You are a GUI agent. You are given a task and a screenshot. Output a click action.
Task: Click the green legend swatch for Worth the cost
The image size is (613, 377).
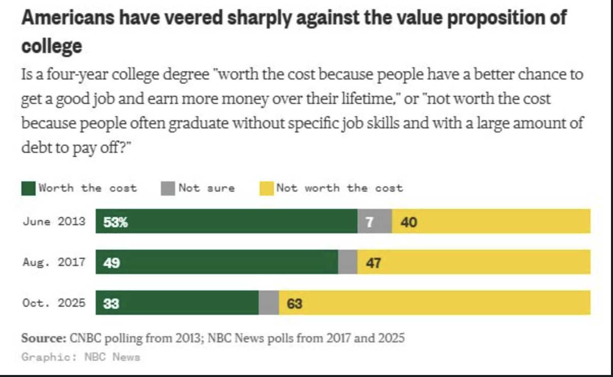pos(29,188)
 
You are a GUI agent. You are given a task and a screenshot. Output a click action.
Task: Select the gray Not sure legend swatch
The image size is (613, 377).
pos(168,188)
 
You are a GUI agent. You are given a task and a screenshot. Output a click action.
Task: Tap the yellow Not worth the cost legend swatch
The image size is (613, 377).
pos(267,188)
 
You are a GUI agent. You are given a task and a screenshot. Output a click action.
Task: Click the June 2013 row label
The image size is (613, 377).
pos(54,221)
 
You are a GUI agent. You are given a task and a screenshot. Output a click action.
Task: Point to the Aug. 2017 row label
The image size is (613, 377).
pos(54,262)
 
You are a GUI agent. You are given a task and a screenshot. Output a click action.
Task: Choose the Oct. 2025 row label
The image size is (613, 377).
pos(54,303)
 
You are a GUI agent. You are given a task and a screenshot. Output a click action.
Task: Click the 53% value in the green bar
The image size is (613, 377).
pos(116,222)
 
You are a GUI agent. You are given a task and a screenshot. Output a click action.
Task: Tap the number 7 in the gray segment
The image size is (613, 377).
pos(370,222)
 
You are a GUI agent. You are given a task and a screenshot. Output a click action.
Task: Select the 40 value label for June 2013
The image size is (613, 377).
pos(409,222)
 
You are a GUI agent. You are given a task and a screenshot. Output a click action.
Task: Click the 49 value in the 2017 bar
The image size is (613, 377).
pos(112,263)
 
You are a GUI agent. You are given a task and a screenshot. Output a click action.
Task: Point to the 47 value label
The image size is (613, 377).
pos(373,263)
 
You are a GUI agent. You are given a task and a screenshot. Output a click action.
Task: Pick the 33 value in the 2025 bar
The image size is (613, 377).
pos(111,304)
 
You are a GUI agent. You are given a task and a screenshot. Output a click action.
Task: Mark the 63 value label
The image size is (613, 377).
pos(294,304)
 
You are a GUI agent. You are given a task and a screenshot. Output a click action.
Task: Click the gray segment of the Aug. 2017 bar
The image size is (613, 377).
pos(348,262)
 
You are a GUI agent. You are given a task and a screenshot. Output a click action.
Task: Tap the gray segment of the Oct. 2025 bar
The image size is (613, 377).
pos(269,303)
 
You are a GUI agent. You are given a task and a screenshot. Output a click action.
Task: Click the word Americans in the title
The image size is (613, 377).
pos(68,17)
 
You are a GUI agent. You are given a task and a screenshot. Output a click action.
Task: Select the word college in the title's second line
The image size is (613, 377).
pos(52,46)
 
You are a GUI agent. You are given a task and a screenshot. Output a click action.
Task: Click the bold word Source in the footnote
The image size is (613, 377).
pos(44,338)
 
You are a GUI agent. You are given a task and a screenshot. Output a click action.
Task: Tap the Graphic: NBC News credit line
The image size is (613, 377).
pos(81,357)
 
